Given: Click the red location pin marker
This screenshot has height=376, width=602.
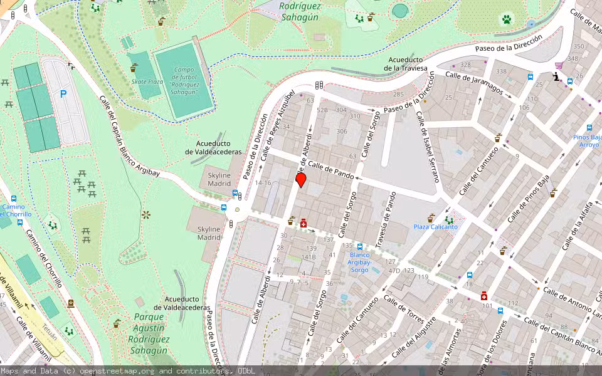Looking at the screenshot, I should tap(300, 180).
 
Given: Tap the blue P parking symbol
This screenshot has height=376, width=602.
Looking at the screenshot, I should tap(63, 94).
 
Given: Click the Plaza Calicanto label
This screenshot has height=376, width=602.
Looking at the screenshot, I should tap(435, 227).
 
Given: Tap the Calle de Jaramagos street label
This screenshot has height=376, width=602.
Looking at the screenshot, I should tap(474, 83).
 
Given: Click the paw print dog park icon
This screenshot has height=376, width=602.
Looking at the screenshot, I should tap(506, 19).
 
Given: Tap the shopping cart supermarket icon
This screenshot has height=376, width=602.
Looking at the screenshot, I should tap(558, 65).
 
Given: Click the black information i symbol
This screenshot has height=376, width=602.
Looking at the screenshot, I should tap(556, 76).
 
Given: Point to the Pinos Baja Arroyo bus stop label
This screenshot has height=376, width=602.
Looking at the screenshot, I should tap(588, 140).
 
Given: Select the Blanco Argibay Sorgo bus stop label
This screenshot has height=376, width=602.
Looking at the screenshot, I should tap(359, 262).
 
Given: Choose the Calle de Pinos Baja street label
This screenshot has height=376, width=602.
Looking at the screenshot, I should tap(528, 198).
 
